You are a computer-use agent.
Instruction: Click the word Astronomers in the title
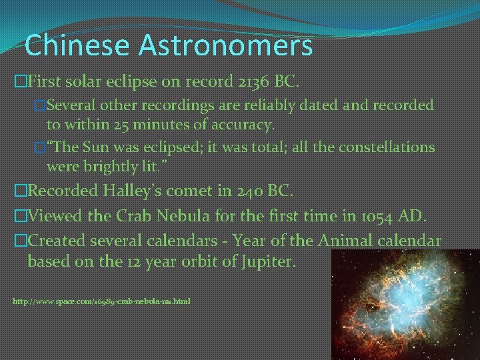click(225, 45)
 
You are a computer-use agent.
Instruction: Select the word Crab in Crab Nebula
click(131, 216)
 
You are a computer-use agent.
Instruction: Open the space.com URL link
click(101, 301)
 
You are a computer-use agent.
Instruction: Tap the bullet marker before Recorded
click(20, 191)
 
